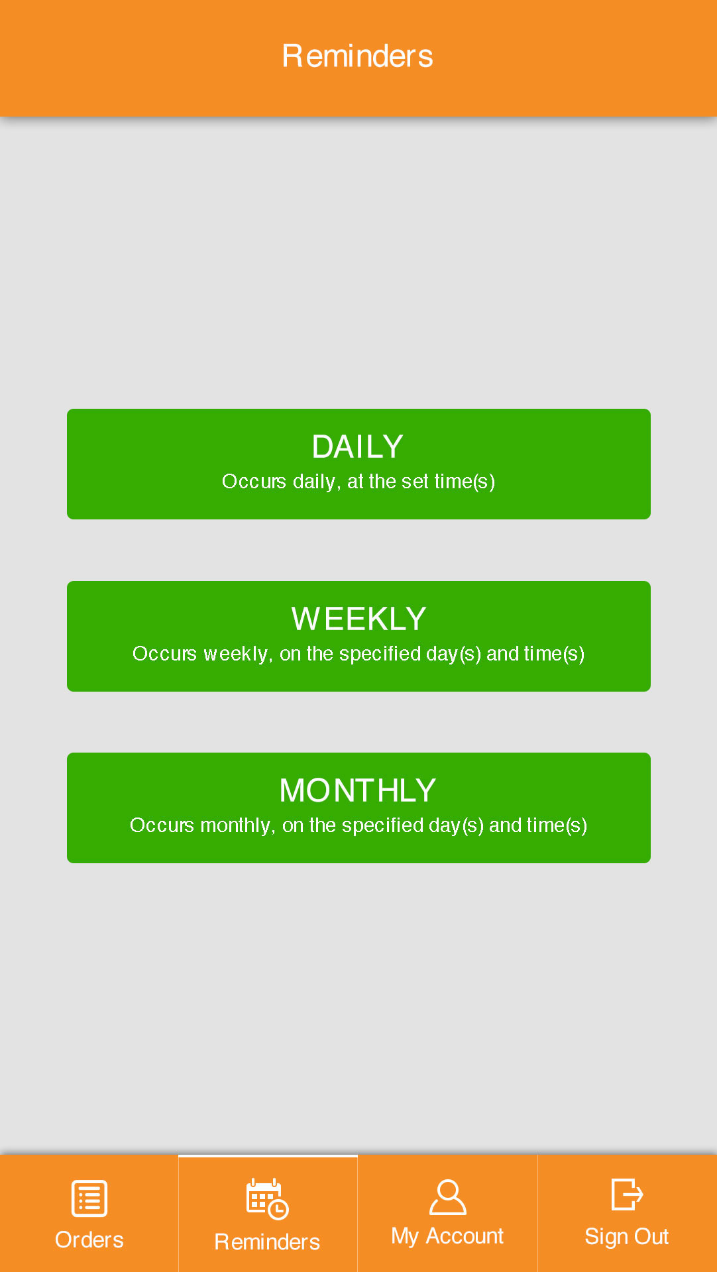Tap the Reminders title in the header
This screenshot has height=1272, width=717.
(x=358, y=56)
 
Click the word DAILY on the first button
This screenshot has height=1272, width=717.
(x=358, y=447)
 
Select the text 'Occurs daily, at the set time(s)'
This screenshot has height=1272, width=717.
(x=358, y=482)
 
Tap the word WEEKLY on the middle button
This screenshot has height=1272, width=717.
(x=358, y=619)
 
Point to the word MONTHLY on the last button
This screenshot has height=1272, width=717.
(x=358, y=790)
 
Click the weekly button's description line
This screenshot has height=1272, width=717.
(x=358, y=654)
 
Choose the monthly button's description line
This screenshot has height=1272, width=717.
(x=358, y=825)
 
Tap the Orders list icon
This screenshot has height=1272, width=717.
(x=89, y=1198)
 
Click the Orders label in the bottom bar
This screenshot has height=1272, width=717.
(x=89, y=1240)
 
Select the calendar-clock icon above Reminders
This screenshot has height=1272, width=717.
(x=268, y=1199)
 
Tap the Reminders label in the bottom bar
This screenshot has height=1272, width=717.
(x=268, y=1242)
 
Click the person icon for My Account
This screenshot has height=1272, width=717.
(x=448, y=1196)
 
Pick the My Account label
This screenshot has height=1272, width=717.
(x=447, y=1236)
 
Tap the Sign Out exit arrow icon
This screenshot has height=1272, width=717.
(x=627, y=1194)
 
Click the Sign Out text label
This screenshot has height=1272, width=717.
(x=627, y=1237)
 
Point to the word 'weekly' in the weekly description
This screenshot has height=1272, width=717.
(x=235, y=654)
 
